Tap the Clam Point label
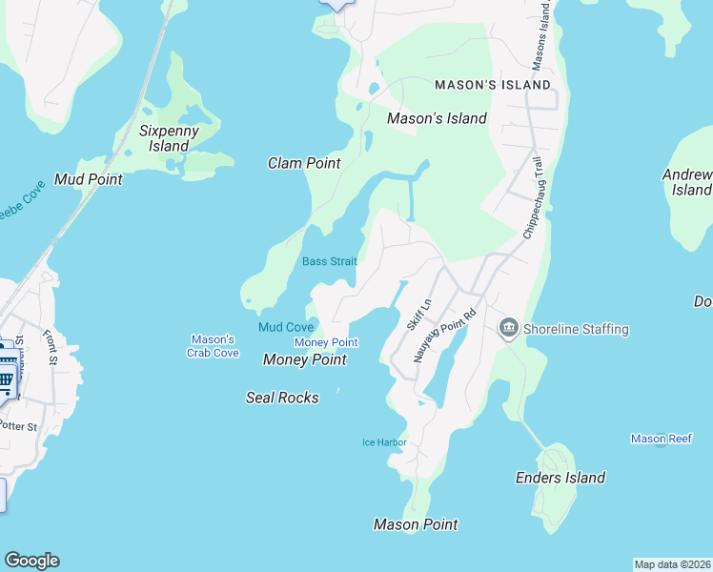(x=304, y=163)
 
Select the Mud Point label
(x=83, y=178)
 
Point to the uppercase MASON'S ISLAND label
(x=493, y=85)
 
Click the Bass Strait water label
(x=330, y=261)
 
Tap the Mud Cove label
(x=286, y=327)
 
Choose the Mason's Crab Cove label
(x=213, y=346)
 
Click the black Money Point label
(x=304, y=359)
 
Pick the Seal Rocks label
(x=282, y=397)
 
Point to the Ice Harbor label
(x=384, y=442)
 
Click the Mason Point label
(x=416, y=524)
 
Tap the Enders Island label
(x=560, y=478)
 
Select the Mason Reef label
(x=662, y=439)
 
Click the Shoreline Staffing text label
(x=576, y=329)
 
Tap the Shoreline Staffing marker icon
(x=508, y=329)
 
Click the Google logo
(x=31, y=561)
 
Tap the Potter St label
(x=18, y=426)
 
